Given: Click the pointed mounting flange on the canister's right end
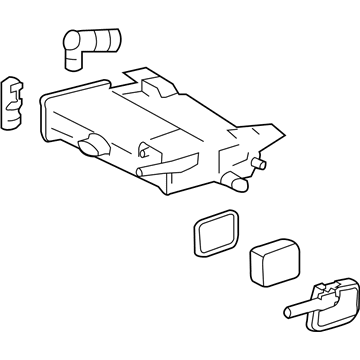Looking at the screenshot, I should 268,134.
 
